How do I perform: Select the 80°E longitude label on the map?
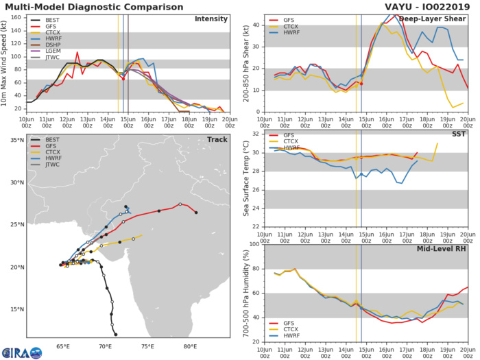click(x=190, y=345)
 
